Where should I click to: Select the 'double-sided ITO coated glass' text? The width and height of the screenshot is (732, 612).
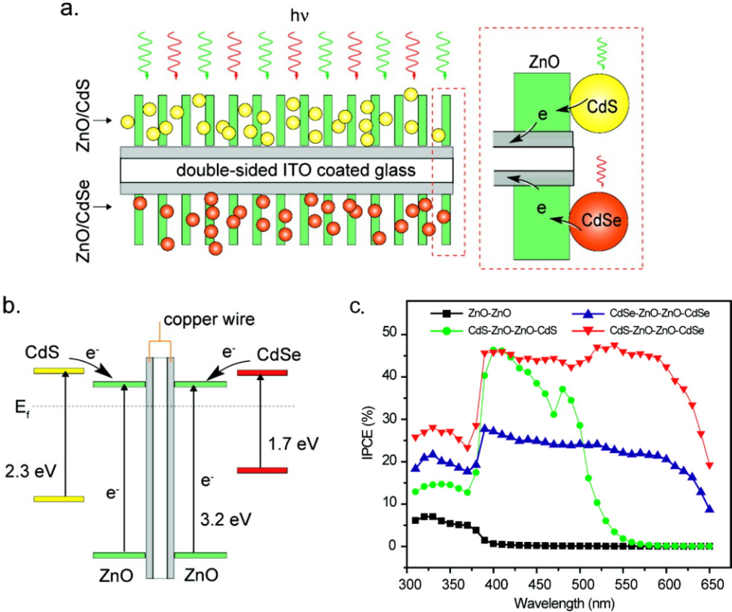296,171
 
